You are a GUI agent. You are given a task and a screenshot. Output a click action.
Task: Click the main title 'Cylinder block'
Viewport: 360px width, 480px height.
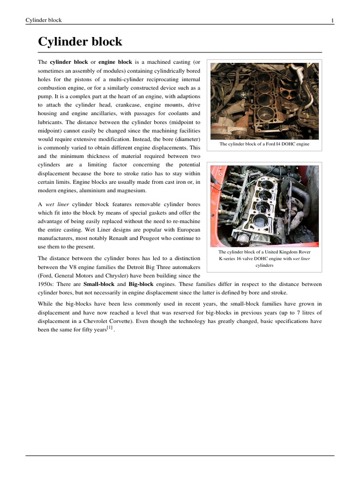tap(80, 42)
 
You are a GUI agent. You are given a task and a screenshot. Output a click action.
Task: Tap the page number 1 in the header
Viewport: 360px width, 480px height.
tap(332, 20)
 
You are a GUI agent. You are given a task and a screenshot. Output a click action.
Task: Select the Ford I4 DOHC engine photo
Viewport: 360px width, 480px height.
tap(264, 101)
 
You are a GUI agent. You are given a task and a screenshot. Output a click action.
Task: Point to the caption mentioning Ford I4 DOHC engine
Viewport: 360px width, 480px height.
tap(264, 144)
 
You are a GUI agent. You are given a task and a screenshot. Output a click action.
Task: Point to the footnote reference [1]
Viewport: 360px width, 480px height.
tap(110, 328)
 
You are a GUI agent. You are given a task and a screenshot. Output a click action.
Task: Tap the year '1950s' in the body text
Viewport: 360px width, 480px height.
tap(45, 284)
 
